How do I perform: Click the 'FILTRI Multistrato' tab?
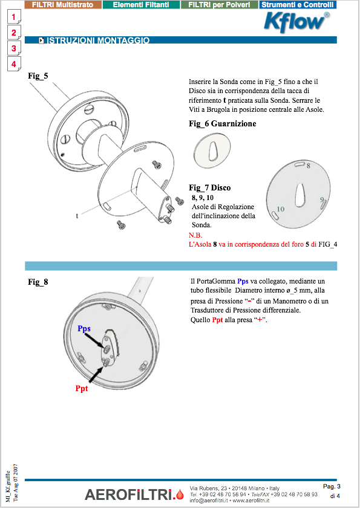63,5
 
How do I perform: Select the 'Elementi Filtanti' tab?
141,5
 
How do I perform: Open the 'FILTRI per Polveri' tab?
219,5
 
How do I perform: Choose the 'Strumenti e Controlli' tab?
298,5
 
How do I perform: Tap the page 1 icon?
14,17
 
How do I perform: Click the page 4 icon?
14,64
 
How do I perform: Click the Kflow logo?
297,22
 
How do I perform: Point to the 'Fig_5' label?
38,76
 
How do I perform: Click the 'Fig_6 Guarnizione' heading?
222,124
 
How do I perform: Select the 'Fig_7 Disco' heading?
209,187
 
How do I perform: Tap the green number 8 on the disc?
309,166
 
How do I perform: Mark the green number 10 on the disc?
280,209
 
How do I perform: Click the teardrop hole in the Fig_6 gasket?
213,150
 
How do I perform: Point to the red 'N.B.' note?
195,235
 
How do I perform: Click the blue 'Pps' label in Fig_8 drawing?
84,329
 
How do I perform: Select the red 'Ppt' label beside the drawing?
82,388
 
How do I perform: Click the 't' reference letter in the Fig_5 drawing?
77,216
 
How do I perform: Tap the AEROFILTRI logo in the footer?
134,494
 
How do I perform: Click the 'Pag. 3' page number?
332,486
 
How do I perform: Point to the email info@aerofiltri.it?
209,501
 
